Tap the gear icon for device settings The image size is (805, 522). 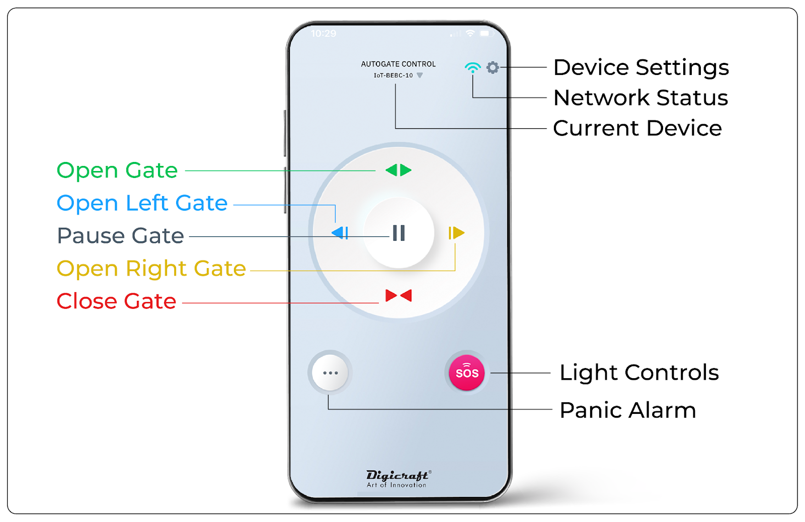point(493,67)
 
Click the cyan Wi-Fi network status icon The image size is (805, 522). point(472,67)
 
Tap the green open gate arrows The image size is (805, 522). point(398,170)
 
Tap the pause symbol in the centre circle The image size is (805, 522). point(398,233)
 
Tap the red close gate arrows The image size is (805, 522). point(398,295)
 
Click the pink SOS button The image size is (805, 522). point(467,373)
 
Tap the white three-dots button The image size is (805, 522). point(330,373)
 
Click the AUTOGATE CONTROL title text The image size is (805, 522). point(398,64)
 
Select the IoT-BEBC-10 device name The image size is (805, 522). point(393,75)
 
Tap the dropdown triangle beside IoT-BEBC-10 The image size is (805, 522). point(420,75)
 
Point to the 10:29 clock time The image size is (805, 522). point(323,34)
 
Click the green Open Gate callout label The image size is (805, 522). point(117,170)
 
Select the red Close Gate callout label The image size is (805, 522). point(116,301)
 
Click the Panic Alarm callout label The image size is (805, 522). point(627,410)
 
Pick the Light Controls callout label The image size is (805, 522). point(639,373)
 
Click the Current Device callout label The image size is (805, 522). point(637,128)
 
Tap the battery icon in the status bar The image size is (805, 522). point(486,34)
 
